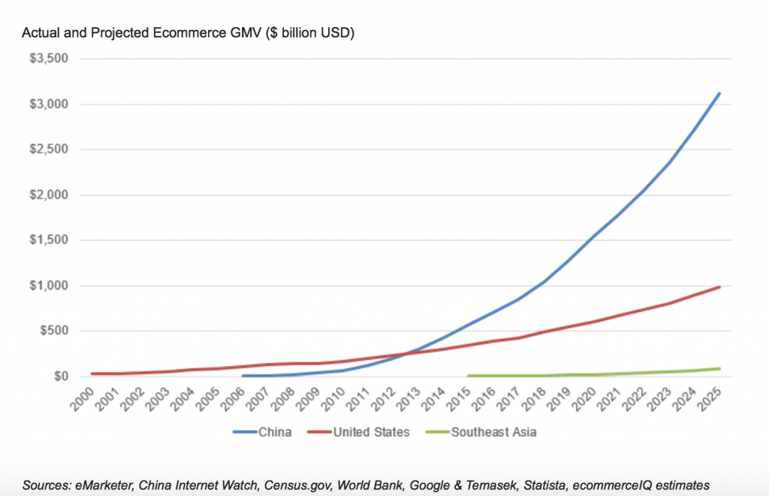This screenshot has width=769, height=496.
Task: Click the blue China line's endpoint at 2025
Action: point(719,94)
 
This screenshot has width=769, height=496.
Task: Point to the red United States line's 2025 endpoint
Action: point(719,286)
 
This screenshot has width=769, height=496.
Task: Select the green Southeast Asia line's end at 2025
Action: point(719,368)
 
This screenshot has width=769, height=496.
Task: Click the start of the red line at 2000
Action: point(92,374)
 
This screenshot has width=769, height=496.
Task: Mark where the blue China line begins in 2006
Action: point(243,375)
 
